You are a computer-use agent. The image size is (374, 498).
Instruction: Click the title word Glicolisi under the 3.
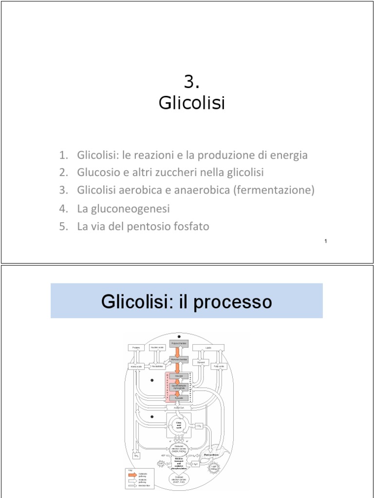tap(192, 103)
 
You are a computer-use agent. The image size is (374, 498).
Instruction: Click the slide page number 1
tap(325, 242)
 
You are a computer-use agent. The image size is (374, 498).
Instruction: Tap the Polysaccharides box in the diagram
tap(179, 344)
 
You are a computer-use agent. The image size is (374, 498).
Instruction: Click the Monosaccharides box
tap(179, 360)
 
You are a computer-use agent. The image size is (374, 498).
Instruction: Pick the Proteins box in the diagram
tap(135, 347)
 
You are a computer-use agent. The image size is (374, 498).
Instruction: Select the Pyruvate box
tap(179, 397)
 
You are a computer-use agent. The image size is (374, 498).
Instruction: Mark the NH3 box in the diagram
tap(137, 456)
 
